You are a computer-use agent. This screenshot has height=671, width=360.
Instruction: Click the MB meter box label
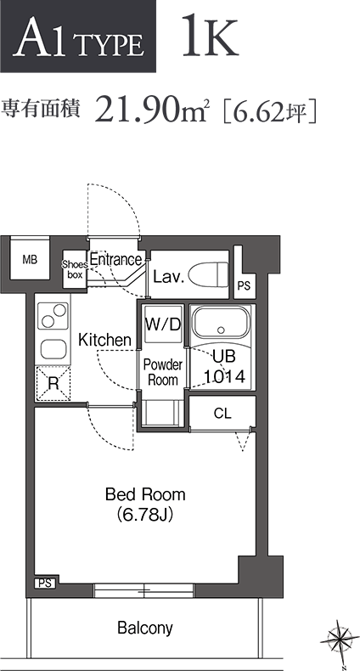(x=30, y=259)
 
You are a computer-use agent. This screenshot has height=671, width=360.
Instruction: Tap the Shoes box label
(x=75, y=270)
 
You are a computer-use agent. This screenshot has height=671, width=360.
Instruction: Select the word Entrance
(x=115, y=259)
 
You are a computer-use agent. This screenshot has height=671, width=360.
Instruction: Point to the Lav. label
(x=168, y=277)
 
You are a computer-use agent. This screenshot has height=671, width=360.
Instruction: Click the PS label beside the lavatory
(x=244, y=286)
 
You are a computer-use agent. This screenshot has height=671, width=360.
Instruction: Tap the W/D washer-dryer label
(x=162, y=324)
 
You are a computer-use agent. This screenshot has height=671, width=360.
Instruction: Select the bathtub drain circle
(x=221, y=330)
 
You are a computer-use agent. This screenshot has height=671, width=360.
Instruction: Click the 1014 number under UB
(x=224, y=376)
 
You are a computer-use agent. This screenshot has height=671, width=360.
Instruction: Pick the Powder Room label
(x=162, y=372)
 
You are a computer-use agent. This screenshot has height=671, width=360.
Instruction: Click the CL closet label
(x=222, y=413)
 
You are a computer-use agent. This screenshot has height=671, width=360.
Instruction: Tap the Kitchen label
(x=104, y=340)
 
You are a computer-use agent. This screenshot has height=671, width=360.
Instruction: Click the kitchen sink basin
(x=53, y=349)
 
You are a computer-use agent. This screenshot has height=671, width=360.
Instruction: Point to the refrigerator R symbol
(x=53, y=383)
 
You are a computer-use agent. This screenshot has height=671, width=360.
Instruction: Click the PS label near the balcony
(x=45, y=584)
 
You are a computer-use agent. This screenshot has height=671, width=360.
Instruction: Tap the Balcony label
(x=145, y=629)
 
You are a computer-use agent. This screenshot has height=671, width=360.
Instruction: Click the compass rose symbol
(x=340, y=640)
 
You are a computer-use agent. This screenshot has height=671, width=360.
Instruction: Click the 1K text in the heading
(x=210, y=36)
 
